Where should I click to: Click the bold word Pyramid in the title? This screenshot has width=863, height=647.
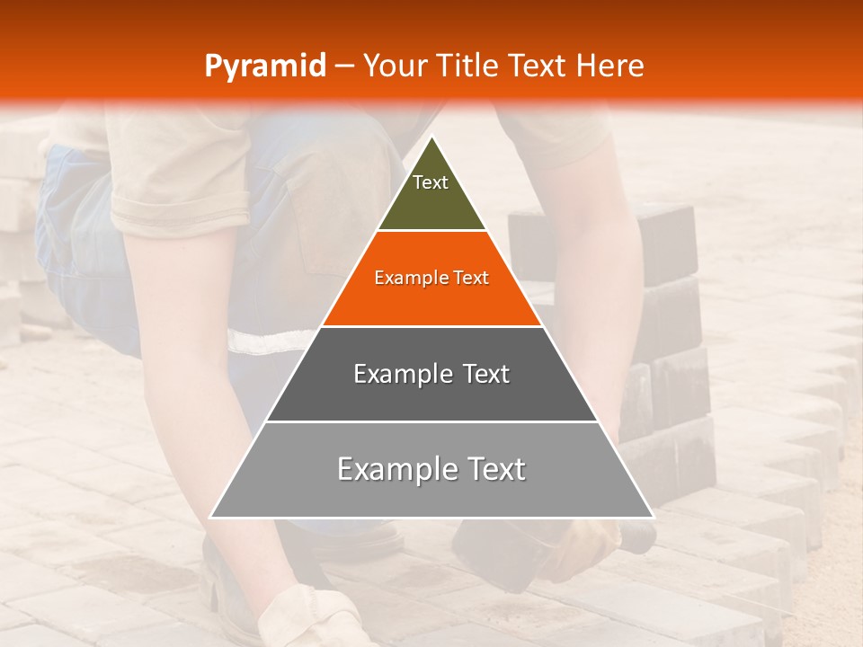coord(264,66)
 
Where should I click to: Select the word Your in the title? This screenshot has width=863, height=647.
coord(393,66)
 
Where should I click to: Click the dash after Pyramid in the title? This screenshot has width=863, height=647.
coord(343,66)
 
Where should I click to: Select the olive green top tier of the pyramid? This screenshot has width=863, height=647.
coord(431,202)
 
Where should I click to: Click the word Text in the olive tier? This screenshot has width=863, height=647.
coord(431,182)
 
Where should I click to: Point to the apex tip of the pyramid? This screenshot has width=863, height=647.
coord(431,137)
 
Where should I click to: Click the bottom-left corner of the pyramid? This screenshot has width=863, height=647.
coord(212,516)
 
